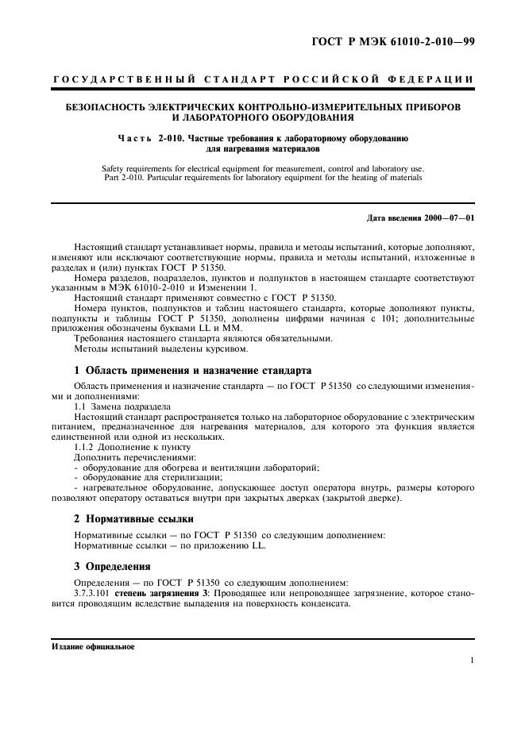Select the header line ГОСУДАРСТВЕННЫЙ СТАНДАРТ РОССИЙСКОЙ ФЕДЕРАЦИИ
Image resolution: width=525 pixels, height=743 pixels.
(263, 80)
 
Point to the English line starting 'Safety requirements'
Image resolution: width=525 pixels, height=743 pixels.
(263, 168)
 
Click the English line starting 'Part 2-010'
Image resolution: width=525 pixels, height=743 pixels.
(263, 178)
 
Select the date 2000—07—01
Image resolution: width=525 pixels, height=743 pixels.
(451, 217)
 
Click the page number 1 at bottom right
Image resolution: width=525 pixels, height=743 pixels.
(472, 660)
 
